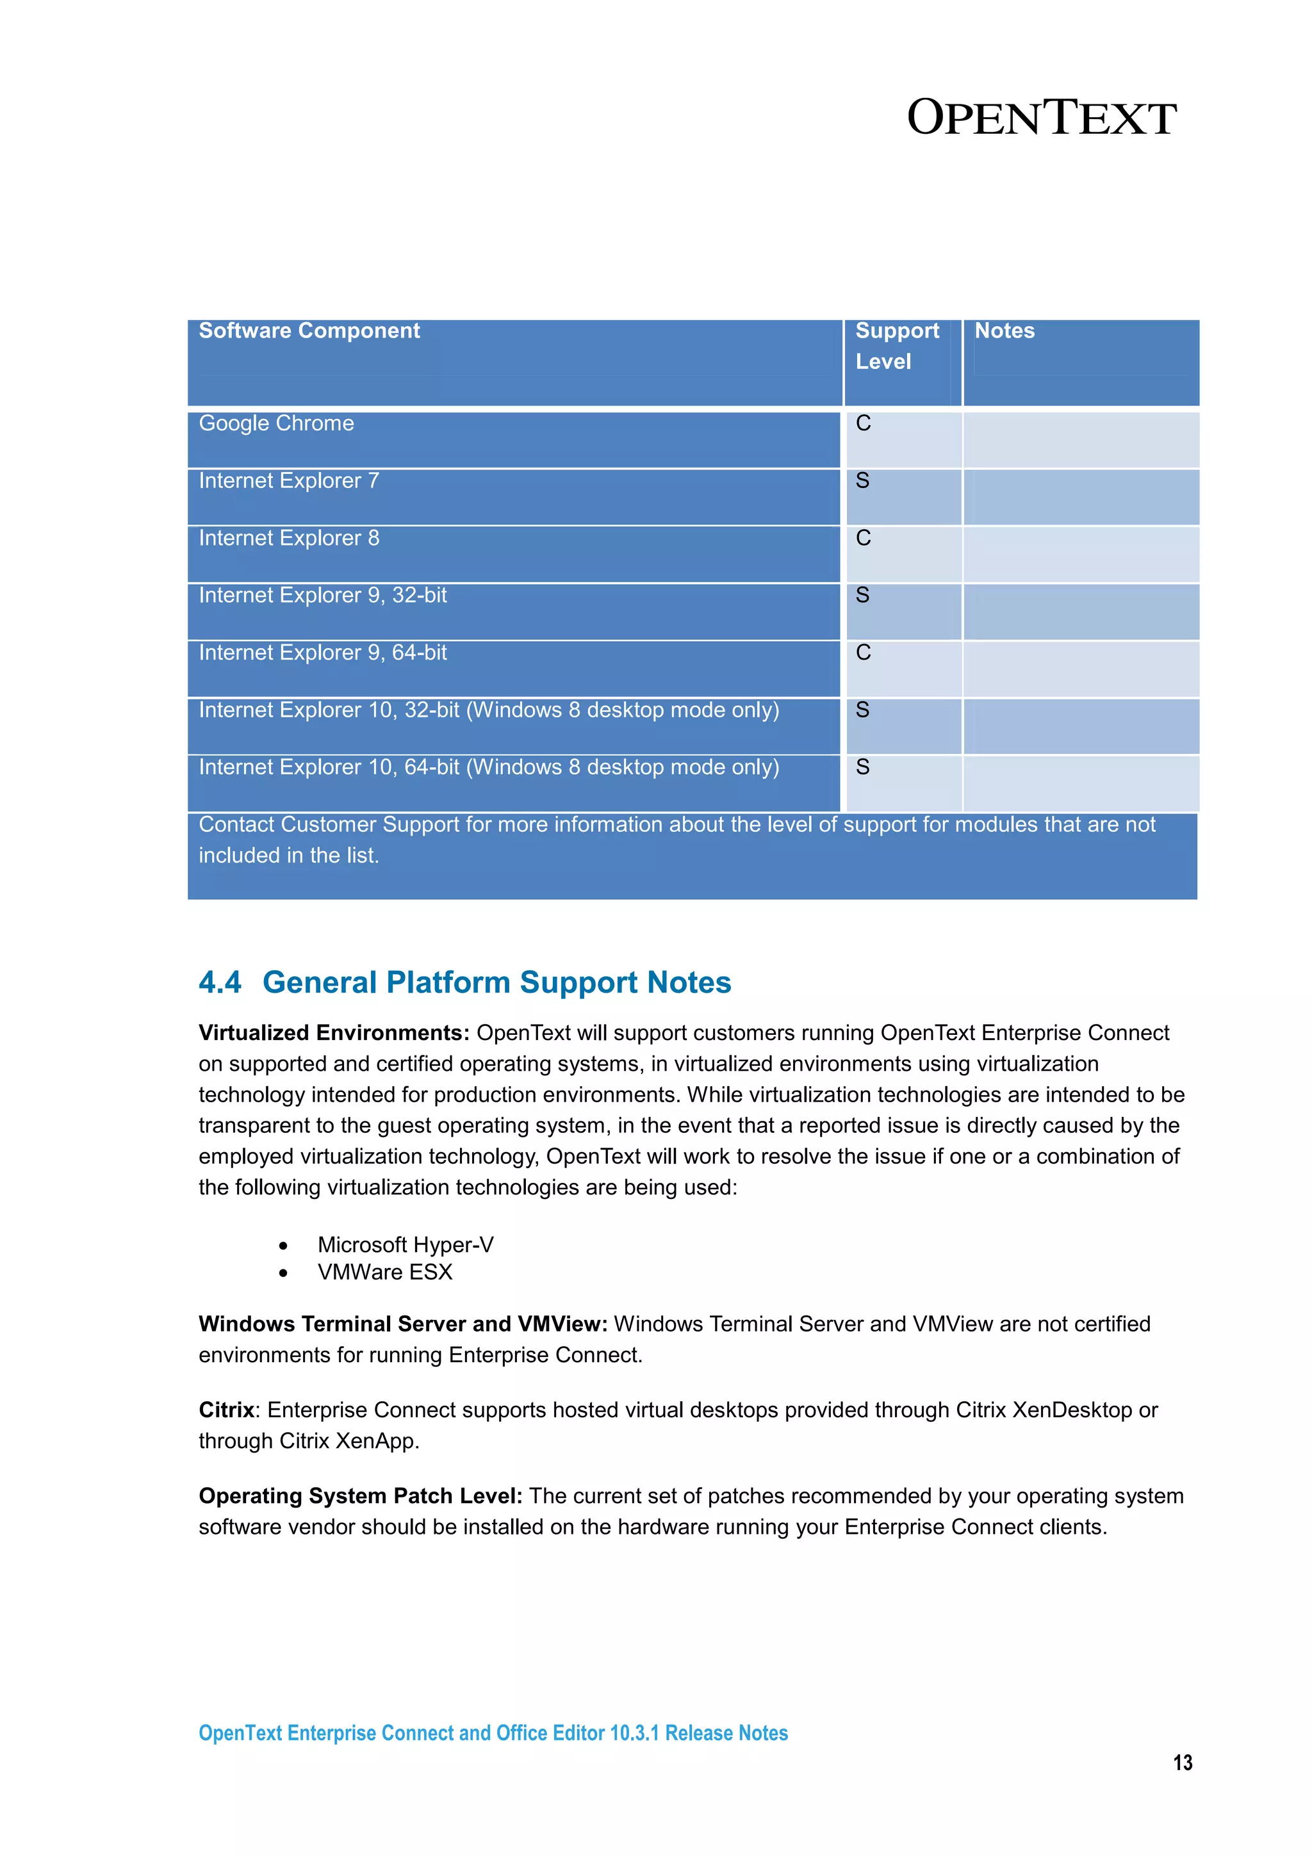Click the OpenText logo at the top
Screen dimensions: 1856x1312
coord(1040,118)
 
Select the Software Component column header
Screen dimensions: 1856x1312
coord(309,330)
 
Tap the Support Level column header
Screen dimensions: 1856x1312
coord(896,346)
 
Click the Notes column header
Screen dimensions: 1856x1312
coord(1004,330)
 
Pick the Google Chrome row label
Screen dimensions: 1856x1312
coord(277,423)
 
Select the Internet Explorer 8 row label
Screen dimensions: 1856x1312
coord(288,539)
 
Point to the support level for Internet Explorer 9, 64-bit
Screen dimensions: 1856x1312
coord(864,653)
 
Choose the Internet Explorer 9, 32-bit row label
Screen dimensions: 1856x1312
coord(322,596)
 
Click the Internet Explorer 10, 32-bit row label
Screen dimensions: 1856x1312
coord(488,710)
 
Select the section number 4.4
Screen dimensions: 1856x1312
coord(220,983)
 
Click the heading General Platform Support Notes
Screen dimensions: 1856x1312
coord(496,983)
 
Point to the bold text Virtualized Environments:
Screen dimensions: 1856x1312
coord(334,1033)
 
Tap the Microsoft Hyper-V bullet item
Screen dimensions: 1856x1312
coord(405,1245)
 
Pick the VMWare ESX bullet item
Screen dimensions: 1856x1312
coord(385,1273)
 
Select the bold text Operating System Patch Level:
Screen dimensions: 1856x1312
coord(361,1496)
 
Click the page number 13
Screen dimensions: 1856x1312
coord(1182,1763)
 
